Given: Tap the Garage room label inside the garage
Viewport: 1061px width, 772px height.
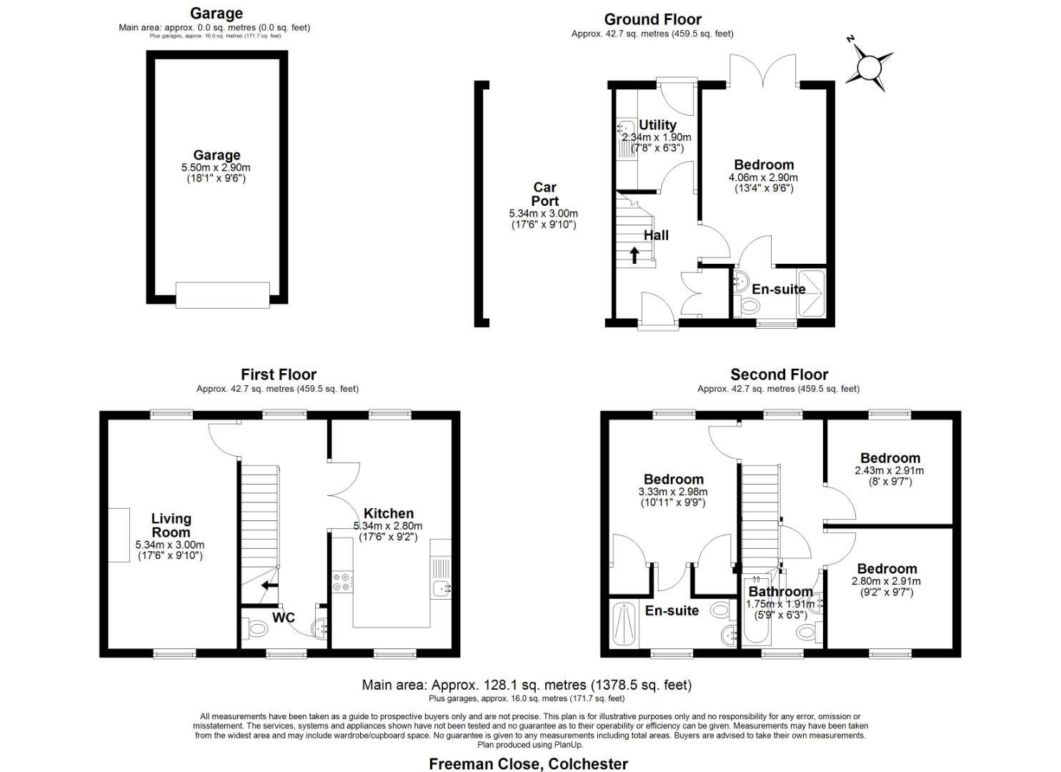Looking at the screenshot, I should tap(216, 155).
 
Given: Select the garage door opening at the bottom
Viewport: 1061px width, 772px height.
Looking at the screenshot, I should tap(222, 295).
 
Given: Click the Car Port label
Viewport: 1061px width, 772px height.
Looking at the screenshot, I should tap(544, 194).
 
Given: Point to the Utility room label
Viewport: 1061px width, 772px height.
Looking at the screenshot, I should tap(657, 125).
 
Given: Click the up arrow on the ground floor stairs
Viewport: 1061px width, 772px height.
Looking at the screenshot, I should tap(634, 255).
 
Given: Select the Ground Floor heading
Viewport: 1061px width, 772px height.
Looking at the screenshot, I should tap(652, 19).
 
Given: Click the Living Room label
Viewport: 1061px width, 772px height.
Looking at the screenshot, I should tap(171, 525).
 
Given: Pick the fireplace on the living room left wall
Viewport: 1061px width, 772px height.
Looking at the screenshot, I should tap(119, 535).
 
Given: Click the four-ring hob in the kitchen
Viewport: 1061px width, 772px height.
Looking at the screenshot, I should tap(342, 582).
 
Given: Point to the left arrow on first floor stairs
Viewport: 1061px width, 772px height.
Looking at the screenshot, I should tap(269, 585).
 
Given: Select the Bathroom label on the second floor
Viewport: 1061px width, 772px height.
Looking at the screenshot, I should tap(779, 592).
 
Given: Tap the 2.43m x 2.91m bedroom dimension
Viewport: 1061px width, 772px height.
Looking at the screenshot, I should tap(889, 470).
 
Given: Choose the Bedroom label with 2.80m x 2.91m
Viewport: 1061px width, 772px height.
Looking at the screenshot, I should tap(887, 569).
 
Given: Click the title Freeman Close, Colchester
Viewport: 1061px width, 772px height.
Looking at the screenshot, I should tap(528, 763).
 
